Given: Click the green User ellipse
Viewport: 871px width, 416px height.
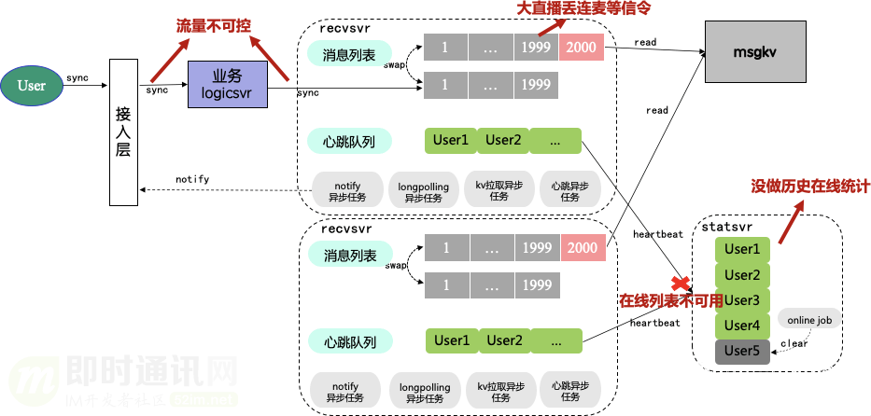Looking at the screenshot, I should tap(31, 86).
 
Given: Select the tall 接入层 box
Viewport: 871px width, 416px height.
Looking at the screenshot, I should tap(123, 131).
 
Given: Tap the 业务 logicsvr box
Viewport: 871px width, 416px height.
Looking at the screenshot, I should tap(227, 86).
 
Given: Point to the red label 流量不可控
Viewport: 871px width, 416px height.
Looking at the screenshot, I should tap(213, 26).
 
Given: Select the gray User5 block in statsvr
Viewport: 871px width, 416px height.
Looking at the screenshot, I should tap(742, 352).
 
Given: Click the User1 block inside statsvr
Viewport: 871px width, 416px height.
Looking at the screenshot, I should tap(742, 249).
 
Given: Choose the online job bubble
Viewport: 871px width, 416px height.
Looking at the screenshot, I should tap(808, 320).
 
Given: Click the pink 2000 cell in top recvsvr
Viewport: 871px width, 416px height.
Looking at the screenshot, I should tap(582, 48).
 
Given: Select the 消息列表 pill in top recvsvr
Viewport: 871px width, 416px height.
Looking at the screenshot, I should tap(349, 56).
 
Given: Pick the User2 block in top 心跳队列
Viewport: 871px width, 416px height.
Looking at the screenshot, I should tap(502, 141).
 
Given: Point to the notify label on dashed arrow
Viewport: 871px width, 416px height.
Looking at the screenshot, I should tap(192, 179).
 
